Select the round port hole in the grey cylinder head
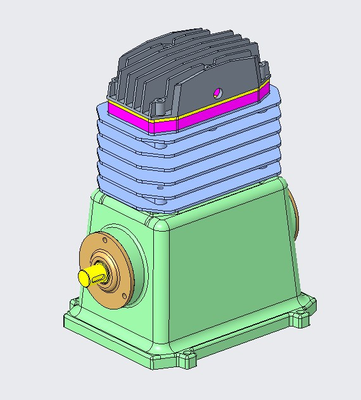(218, 92)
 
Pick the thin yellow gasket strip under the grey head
(209, 104)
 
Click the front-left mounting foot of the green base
(72, 316)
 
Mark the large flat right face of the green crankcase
(234, 266)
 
